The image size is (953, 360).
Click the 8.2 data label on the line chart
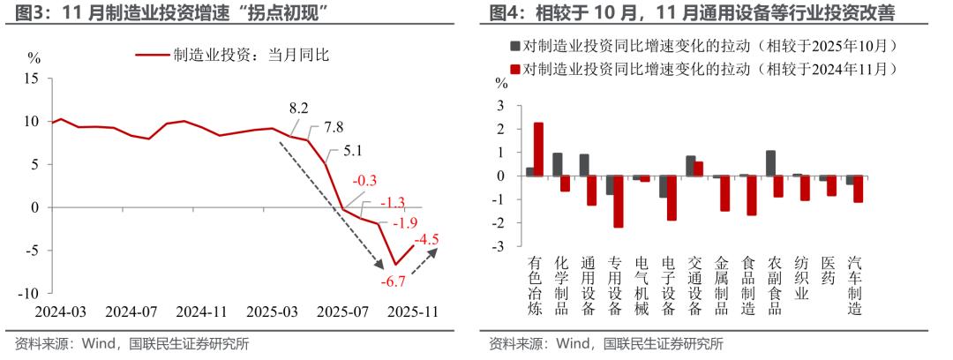coord(299,109)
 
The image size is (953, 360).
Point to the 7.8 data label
coord(334,126)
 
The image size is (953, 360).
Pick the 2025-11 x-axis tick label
coord(414,312)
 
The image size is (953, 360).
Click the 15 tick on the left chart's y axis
coord(33,79)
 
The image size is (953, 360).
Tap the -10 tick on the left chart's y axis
coord(30,293)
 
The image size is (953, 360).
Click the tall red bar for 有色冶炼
coord(538,149)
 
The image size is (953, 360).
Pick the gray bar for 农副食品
coord(770,163)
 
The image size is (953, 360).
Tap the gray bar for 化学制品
coord(557,164)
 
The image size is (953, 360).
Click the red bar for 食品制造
coord(752,195)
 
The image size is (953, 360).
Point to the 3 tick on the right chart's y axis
coord(503,106)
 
